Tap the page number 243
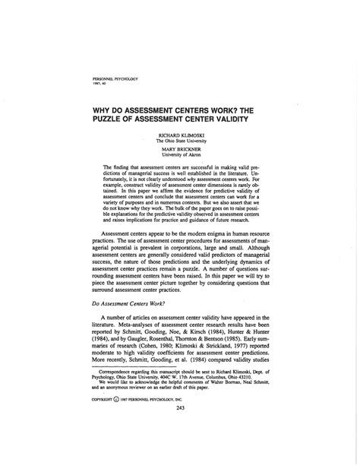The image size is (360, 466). [180, 429]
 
